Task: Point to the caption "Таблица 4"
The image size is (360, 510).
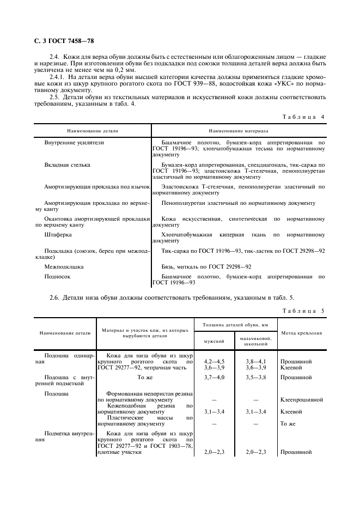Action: point(303,117)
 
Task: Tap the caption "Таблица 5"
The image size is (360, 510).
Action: point(303,311)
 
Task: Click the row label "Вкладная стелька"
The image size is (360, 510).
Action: point(67,164)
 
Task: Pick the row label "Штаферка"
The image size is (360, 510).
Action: point(58,235)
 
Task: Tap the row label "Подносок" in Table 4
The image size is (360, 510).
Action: point(57,277)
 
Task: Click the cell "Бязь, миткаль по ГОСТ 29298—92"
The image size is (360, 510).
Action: point(206,267)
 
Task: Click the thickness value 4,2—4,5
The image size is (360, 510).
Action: point(213,361)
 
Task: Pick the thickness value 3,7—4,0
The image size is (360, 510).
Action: point(213,377)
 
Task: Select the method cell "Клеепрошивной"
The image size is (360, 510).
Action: point(301,399)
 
